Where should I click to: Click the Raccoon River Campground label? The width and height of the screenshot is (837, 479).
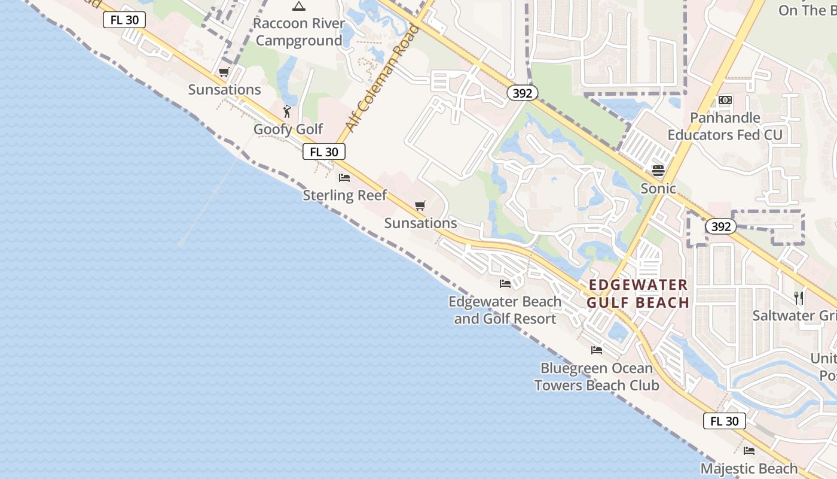pyautogui.click(x=299, y=32)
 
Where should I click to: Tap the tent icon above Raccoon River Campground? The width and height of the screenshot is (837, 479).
pyautogui.click(x=299, y=7)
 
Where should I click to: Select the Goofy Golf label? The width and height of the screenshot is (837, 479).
pyautogui.click(x=288, y=129)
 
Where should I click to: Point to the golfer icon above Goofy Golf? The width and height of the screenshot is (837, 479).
pyautogui.click(x=288, y=111)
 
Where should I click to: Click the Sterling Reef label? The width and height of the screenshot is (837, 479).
pyautogui.click(x=345, y=195)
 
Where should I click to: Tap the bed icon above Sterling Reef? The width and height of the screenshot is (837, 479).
pyautogui.click(x=344, y=177)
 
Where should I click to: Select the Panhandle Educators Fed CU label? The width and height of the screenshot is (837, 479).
pyautogui.click(x=725, y=126)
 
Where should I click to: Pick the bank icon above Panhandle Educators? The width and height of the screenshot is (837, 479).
pyautogui.click(x=725, y=100)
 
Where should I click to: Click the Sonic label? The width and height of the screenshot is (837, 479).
pyautogui.click(x=658, y=189)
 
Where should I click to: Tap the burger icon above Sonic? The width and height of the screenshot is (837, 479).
pyautogui.click(x=658, y=171)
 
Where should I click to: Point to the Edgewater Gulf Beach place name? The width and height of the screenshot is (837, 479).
pyautogui.click(x=638, y=293)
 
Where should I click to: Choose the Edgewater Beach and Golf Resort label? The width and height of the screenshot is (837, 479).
pyautogui.click(x=505, y=310)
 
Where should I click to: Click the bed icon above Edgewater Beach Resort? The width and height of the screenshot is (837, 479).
pyautogui.click(x=505, y=283)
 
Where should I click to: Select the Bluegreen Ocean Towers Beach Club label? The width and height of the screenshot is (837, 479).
pyautogui.click(x=597, y=377)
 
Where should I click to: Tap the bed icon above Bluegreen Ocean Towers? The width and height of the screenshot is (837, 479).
pyautogui.click(x=597, y=350)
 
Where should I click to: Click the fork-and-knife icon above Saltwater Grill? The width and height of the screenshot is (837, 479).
pyautogui.click(x=798, y=298)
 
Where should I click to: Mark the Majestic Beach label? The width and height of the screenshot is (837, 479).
pyautogui.click(x=749, y=468)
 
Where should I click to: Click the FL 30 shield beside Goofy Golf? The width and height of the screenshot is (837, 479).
pyautogui.click(x=324, y=152)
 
